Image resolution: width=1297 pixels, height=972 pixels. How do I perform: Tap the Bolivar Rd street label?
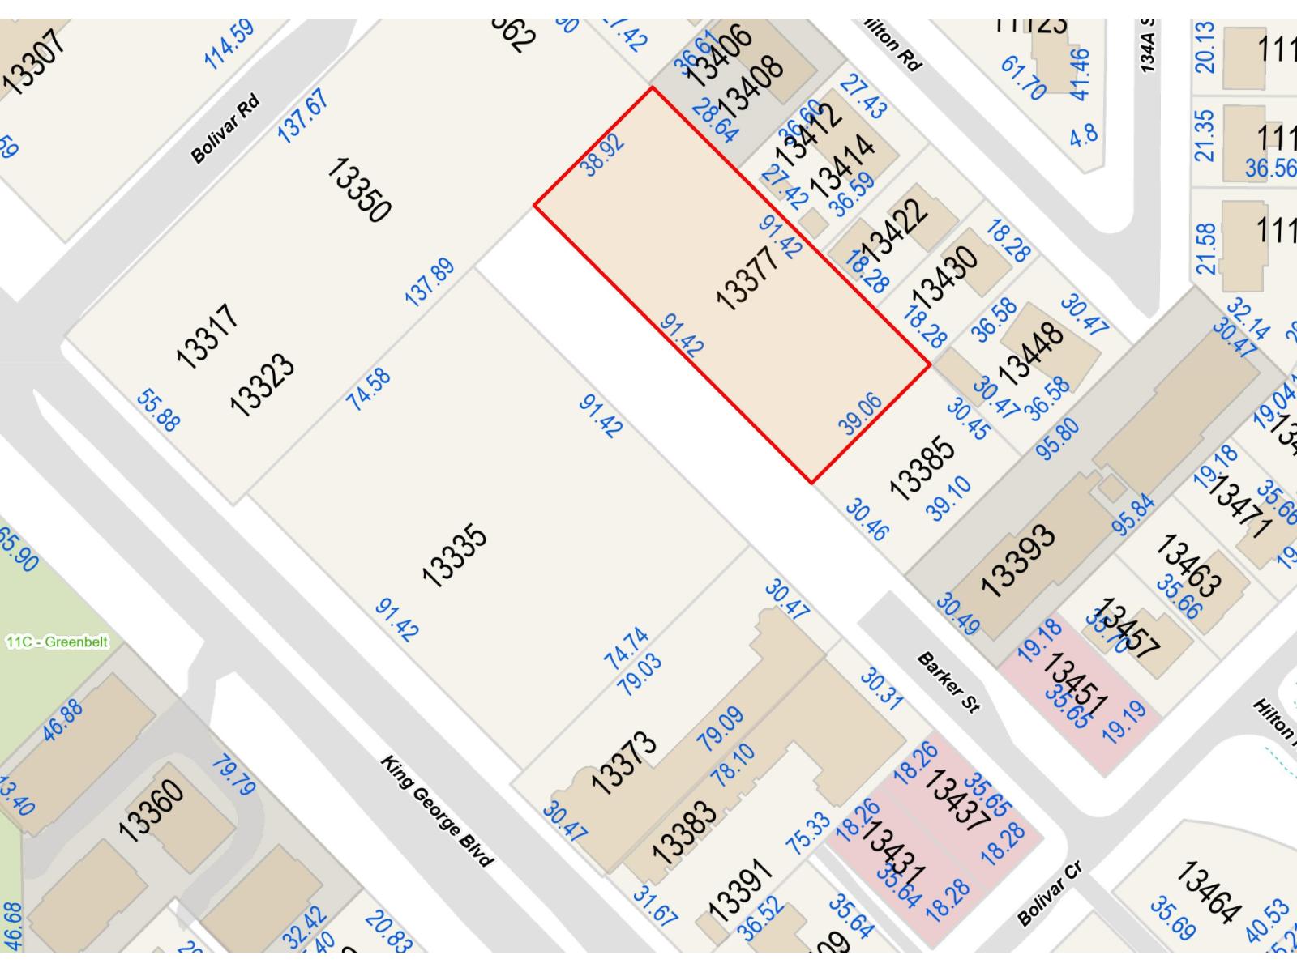(x=226, y=129)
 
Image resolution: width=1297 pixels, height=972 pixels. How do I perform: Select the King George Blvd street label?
(x=437, y=811)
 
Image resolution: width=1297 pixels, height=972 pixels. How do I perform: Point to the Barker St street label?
(x=948, y=683)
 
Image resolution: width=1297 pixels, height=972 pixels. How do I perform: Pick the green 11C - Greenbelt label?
(x=56, y=642)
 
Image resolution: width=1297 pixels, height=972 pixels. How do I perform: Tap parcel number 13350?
(x=358, y=190)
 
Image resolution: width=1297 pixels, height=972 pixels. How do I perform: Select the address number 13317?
(x=208, y=336)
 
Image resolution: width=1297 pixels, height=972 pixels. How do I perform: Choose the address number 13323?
(x=261, y=385)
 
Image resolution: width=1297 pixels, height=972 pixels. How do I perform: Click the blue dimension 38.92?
(x=603, y=155)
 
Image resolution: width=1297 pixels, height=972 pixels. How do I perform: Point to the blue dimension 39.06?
(x=860, y=415)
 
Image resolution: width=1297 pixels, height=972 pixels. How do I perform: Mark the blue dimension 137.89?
(x=430, y=283)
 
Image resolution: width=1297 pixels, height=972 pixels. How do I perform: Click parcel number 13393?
(x=1018, y=561)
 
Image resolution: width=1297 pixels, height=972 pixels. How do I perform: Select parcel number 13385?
(x=922, y=468)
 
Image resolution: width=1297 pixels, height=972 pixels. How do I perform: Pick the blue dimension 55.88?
(x=158, y=410)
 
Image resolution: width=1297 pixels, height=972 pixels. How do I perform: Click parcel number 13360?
(x=151, y=811)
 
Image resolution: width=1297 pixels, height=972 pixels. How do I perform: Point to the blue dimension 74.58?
(x=369, y=389)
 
